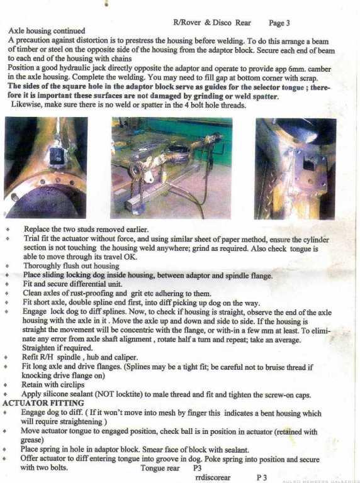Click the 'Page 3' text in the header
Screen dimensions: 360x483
279,23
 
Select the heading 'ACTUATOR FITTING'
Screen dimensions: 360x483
43,403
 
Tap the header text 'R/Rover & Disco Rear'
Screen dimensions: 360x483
212,23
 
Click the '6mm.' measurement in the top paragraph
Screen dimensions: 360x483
297,69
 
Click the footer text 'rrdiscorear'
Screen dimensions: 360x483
213,477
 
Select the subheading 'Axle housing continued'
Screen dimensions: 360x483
47,31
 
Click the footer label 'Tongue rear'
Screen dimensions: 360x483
160,468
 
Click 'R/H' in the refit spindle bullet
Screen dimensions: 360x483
47,357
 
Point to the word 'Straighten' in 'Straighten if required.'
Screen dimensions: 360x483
38,348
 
